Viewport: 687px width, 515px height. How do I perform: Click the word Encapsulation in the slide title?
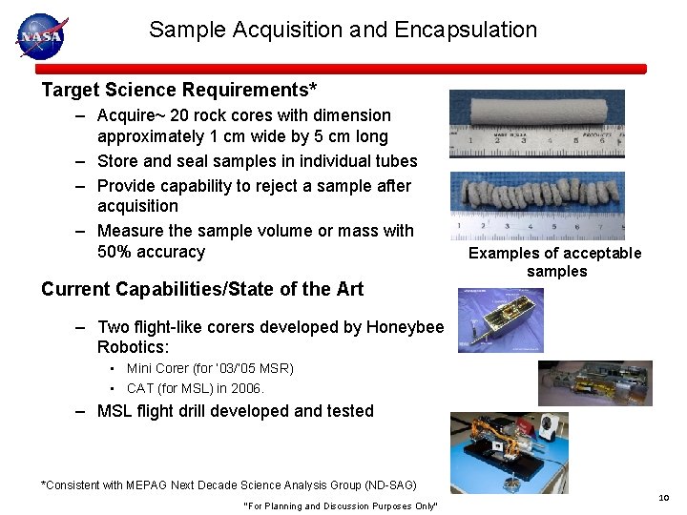(x=465, y=30)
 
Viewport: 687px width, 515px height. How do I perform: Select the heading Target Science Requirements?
(x=179, y=91)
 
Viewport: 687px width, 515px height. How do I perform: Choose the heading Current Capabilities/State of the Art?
(x=202, y=288)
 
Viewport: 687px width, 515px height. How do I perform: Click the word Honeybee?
(x=405, y=327)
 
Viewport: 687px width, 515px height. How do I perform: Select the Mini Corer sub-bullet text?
(x=210, y=368)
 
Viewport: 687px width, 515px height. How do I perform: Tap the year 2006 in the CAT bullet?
(x=245, y=388)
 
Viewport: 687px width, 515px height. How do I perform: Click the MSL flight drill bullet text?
(x=236, y=411)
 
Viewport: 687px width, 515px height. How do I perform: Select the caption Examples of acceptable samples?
(x=555, y=261)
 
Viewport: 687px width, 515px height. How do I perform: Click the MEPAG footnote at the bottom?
(x=229, y=485)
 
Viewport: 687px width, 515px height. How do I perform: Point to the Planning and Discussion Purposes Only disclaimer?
(x=341, y=505)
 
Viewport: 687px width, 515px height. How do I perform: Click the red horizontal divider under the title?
(x=341, y=69)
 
